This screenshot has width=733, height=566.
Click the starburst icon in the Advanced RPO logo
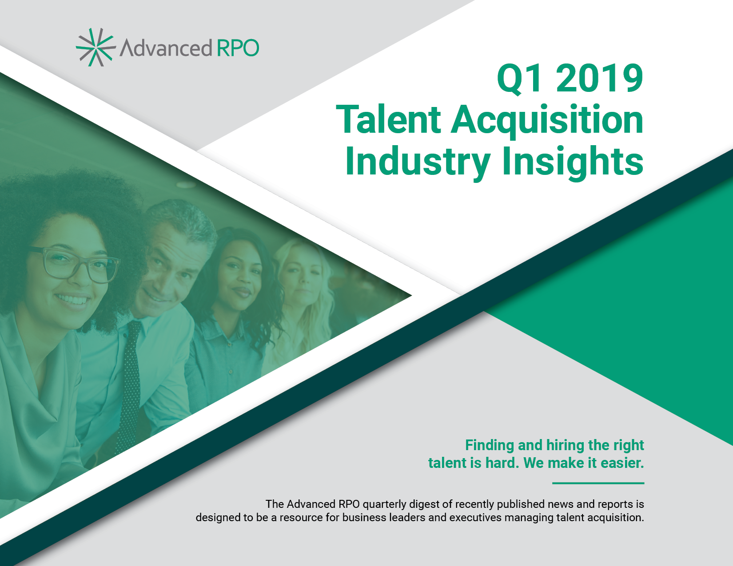(x=96, y=47)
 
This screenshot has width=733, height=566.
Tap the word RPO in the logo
(x=238, y=48)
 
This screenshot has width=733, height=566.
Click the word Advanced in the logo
(x=166, y=47)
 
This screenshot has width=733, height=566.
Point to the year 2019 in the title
(x=599, y=79)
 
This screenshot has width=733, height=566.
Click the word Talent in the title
(x=388, y=120)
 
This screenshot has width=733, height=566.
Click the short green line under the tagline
(x=598, y=483)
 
